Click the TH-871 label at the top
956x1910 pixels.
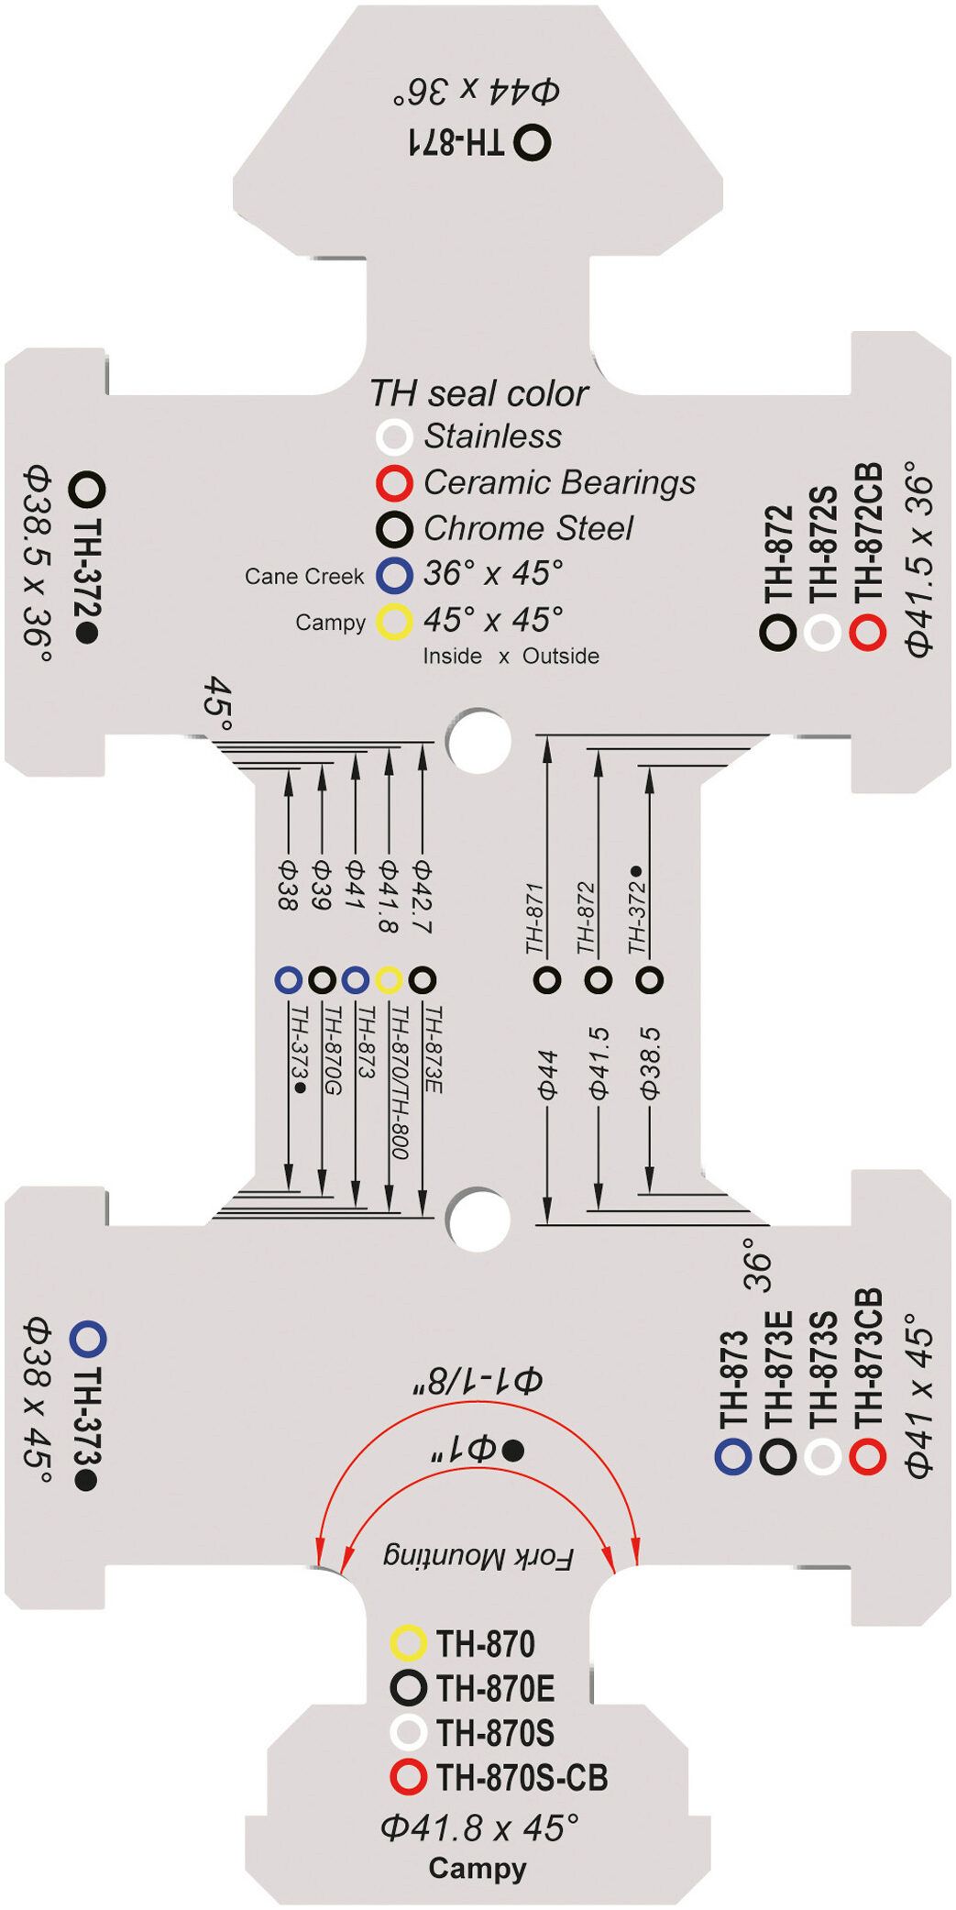click(456, 141)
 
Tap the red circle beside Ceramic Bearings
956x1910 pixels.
click(394, 482)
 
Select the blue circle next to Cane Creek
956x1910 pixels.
click(394, 575)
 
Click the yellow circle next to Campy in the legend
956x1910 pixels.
click(394, 622)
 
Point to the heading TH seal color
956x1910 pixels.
click(478, 393)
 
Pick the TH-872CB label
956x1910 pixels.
click(867, 533)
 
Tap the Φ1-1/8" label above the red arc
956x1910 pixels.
click(477, 1382)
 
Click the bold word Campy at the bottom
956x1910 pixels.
click(478, 1868)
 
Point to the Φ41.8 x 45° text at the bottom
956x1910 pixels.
click(479, 1827)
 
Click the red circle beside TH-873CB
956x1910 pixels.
click(867, 1456)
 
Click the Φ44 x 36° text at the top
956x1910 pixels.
click(477, 91)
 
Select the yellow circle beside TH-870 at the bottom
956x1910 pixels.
click(408, 1643)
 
